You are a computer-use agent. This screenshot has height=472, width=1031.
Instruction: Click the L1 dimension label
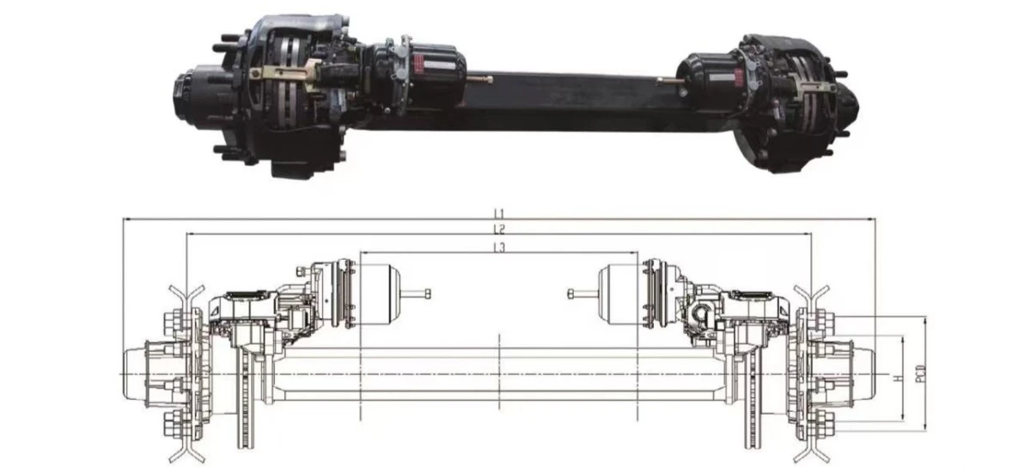pyautogui.click(x=499, y=214)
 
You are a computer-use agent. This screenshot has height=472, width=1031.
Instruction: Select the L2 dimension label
pyautogui.click(x=499, y=229)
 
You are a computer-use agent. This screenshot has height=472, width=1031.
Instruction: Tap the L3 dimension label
pyautogui.click(x=499, y=248)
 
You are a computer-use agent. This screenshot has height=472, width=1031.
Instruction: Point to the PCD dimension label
pyautogui.click(x=920, y=373)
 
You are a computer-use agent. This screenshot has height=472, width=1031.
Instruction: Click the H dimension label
pyautogui.click(x=898, y=378)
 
